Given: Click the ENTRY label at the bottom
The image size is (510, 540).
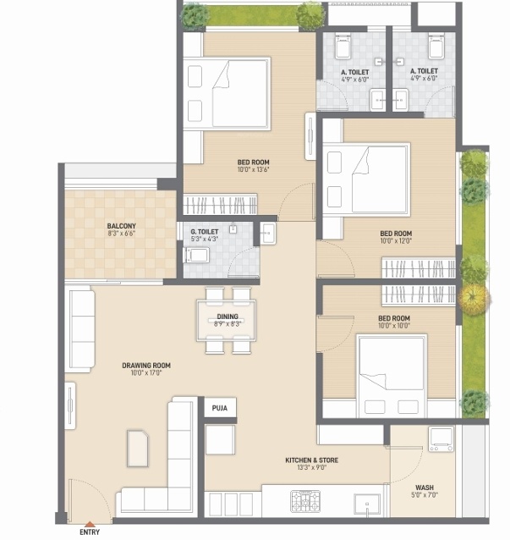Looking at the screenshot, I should pos(89,532).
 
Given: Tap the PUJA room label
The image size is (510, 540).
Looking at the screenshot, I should pos(220,408).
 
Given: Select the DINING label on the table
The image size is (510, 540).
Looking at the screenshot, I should pos(227,316).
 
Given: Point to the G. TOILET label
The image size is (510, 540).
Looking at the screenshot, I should pos(204,231).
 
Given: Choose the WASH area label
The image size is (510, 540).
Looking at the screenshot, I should pos(424,488).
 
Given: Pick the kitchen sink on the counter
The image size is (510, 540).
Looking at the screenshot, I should pos(367,502).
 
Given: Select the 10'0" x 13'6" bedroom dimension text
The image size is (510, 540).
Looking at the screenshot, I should pos(253,169).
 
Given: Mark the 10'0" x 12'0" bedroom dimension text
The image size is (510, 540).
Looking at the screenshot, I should pos(396,241).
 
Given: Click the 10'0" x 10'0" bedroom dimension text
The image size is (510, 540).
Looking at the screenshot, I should pos(395,325).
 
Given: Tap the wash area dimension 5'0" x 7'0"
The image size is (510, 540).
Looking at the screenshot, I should pos(424,496).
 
